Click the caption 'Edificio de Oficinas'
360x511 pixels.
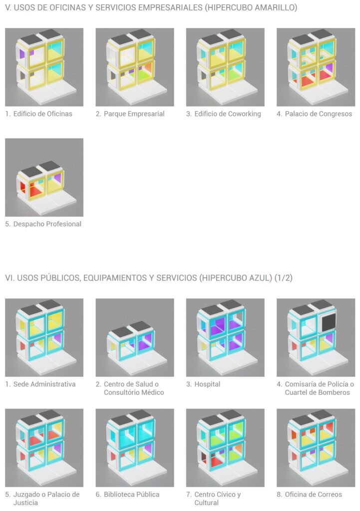(x=43, y=114)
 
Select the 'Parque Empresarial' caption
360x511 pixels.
(x=134, y=114)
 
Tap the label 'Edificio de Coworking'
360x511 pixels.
(x=228, y=114)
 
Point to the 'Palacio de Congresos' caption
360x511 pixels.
(x=319, y=114)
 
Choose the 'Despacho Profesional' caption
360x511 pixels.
(x=47, y=224)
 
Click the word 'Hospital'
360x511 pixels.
(x=207, y=384)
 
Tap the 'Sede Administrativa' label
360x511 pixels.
(x=44, y=384)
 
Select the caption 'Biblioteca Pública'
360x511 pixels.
(x=131, y=495)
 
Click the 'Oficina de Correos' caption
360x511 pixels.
(x=314, y=495)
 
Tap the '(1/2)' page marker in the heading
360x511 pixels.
(x=284, y=278)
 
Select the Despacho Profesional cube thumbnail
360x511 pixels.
(x=44, y=177)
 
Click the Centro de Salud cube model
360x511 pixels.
(x=135, y=337)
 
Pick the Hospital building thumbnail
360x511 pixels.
(x=225, y=337)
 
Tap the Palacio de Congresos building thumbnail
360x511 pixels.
(x=316, y=67)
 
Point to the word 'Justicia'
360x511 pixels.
(x=25, y=503)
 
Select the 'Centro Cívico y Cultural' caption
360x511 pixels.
(x=218, y=499)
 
